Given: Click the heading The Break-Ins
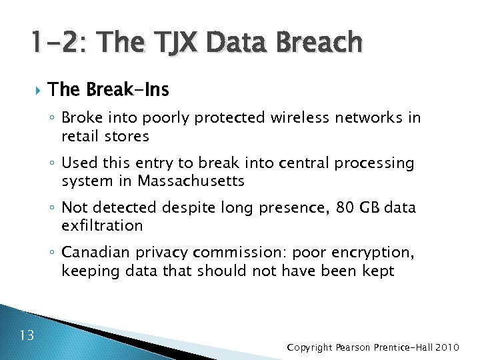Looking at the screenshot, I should [x=108, y=89].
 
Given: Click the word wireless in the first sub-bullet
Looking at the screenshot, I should [x=299, y=119].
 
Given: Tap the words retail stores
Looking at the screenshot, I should [x=105, y=136].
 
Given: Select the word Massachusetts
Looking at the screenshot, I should [x=191, y=181].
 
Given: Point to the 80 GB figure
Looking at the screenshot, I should [x=340, y=208].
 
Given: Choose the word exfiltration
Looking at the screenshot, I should [x=102, y=225].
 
